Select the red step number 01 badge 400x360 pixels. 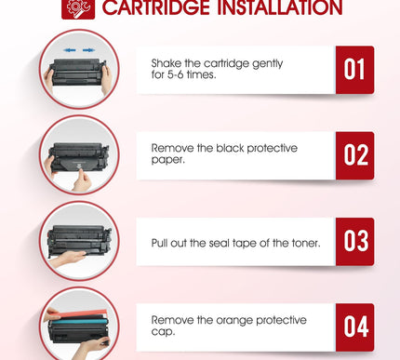point(354,70)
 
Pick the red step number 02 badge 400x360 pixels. point(354,155)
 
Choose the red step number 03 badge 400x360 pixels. point(354,241)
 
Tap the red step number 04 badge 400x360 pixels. point(354,327)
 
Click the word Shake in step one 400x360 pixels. point(166,63)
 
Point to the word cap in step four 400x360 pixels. point(162,333)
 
